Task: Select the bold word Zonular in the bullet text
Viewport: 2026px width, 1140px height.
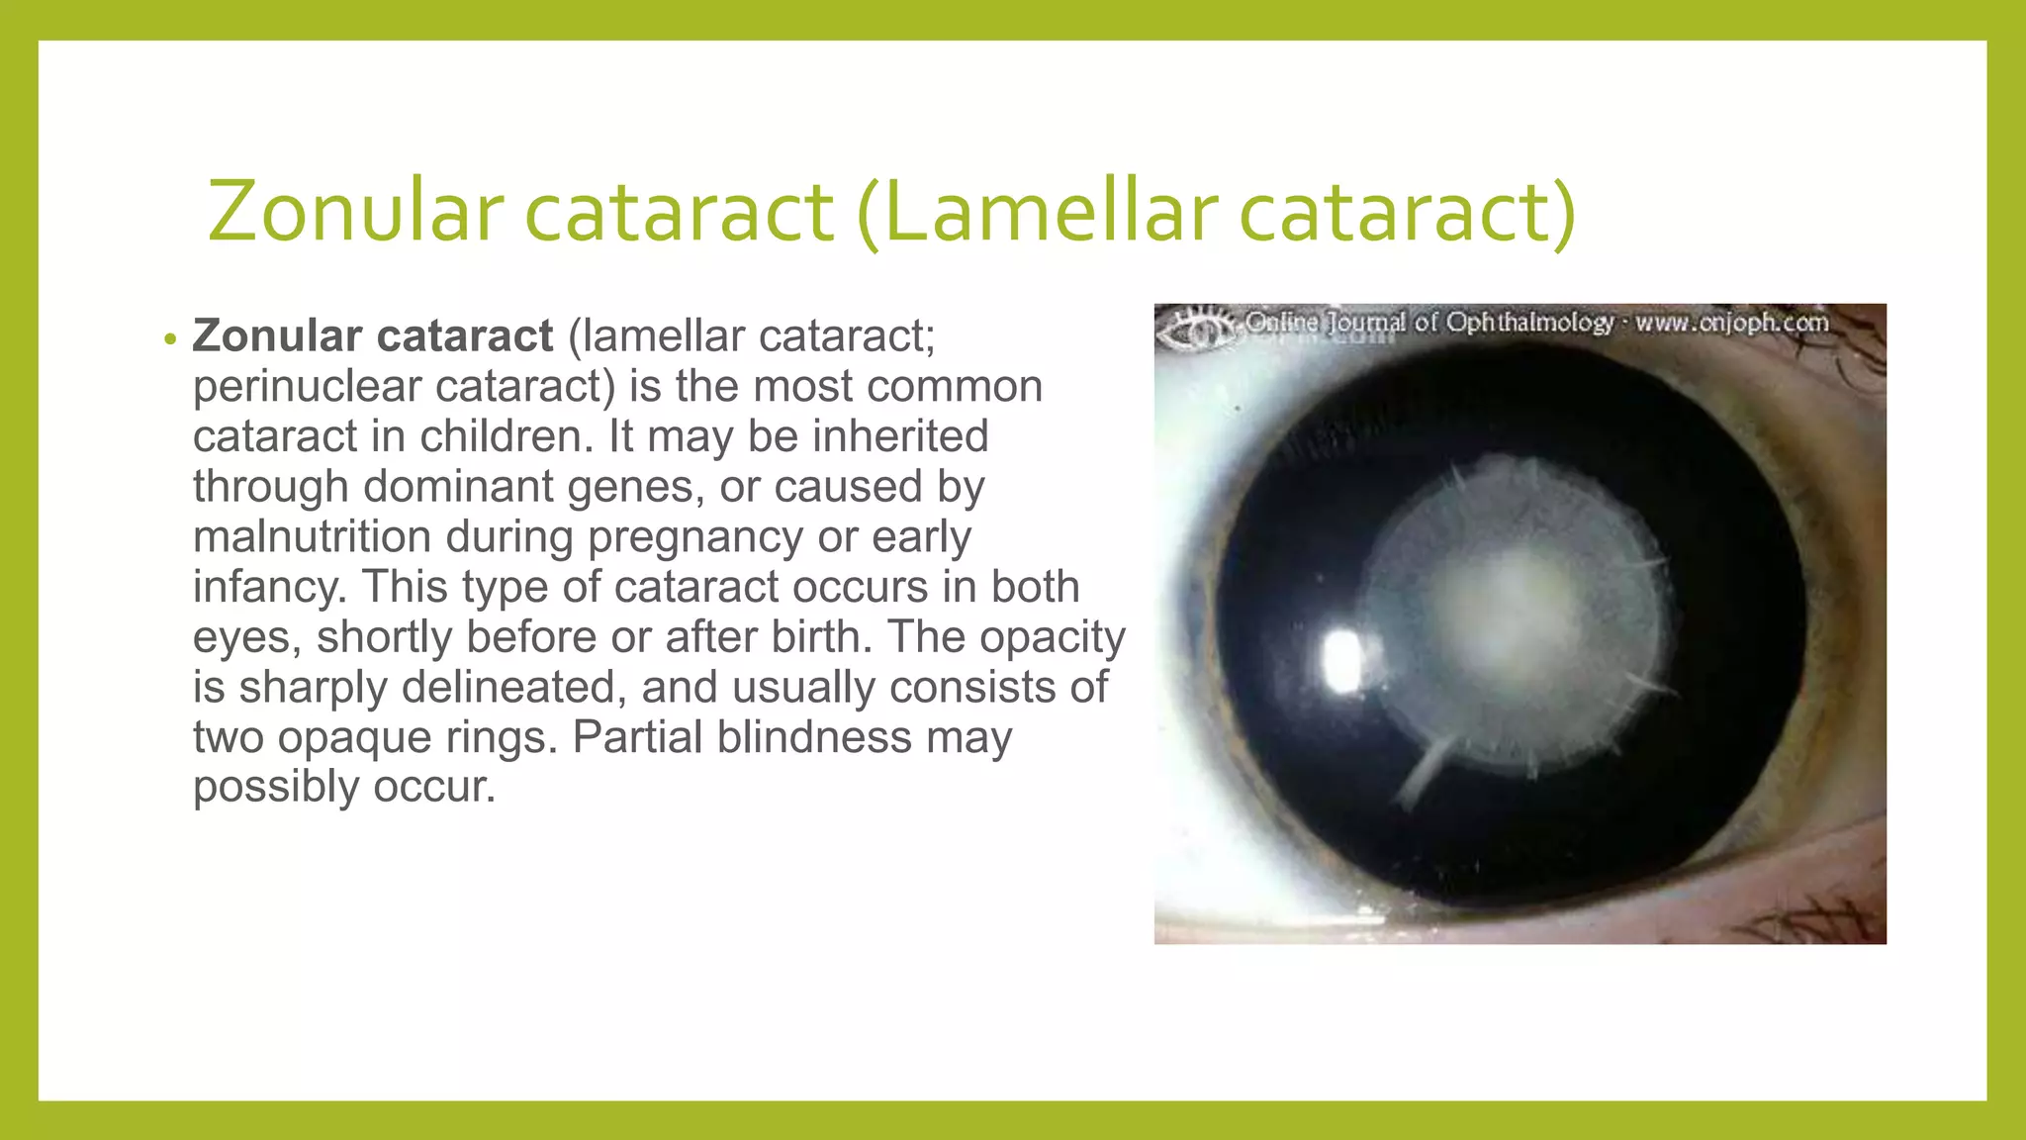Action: [x=277, y=336]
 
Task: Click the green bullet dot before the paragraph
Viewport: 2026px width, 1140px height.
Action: [x=171, y=340]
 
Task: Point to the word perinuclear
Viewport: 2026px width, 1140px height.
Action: [x=307, y=387]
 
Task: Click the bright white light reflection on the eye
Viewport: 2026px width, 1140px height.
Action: [x=1341, y=660]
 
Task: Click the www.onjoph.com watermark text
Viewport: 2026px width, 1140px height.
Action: [x=1731, y=324]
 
